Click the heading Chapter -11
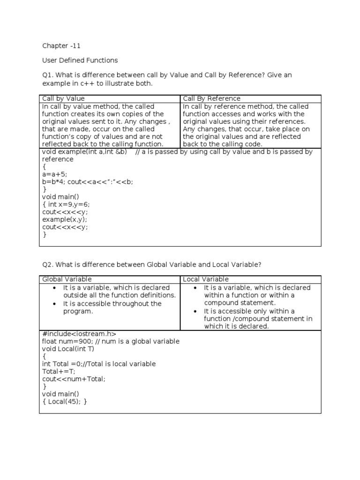[x=58, y=45]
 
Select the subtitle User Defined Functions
[x=80, y=60]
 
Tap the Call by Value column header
[x=63, y=98]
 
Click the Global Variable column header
[x=67, y=279]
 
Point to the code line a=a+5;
[x=55, y=174]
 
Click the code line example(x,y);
[x=65, y=219]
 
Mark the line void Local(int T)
[x=68, y=349]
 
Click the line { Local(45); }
[x=65, y=402]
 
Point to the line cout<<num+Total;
[x=74, y=379]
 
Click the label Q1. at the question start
[x=48, y=75]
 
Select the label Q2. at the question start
[x=48, y=264]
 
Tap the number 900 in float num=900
[x=84, y=341]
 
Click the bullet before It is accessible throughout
[x=55, y=304]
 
